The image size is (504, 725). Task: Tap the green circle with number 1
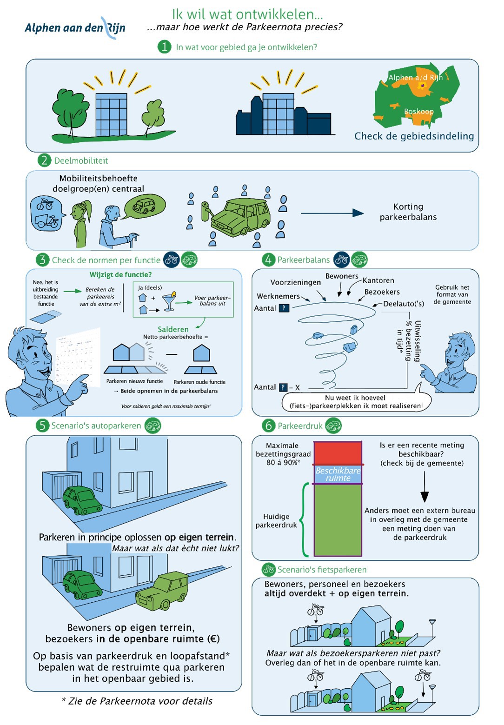point(164,47)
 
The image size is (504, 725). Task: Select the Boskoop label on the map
point(418,112)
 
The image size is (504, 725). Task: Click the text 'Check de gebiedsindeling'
point(414,136)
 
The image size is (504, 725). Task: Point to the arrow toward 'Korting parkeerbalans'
point(332,213)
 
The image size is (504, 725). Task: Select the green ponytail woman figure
point(81,223)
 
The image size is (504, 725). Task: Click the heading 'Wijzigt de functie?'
point(120,275)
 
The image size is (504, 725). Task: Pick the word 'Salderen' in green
point(173,329)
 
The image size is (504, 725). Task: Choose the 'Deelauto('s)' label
point(403,304)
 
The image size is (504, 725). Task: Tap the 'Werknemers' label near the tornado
point(278,296)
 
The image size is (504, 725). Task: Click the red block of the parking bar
point(338,453)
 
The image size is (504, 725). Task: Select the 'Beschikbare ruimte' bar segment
point(338,474)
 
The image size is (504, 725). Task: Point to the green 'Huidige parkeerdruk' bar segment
point(338,520)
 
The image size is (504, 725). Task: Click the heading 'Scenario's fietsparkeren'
point(322,570)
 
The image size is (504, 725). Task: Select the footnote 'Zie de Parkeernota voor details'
point(137,701)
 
